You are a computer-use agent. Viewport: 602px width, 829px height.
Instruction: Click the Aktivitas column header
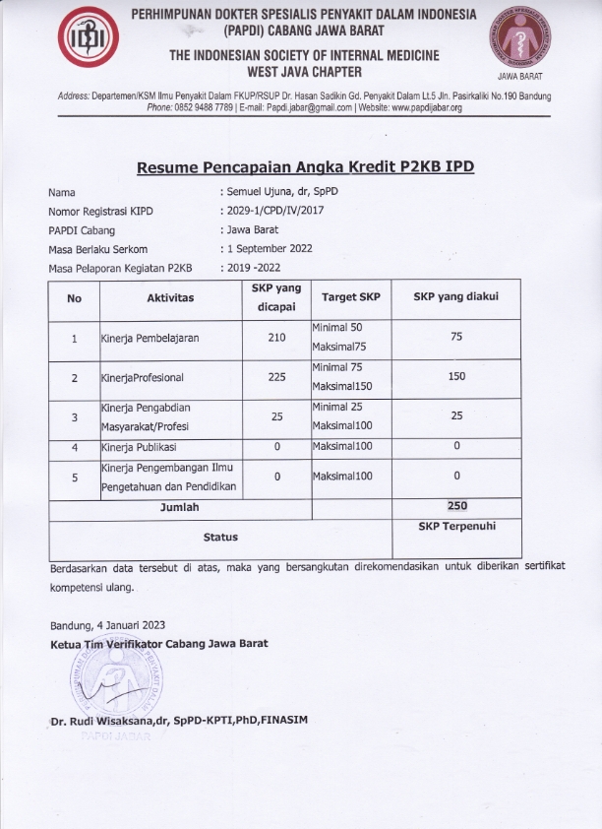click(x=170, y=297)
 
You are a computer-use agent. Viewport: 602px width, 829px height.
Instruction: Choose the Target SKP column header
click(x=350, y=297)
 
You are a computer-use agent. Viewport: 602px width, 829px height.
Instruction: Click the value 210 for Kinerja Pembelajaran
click(x=276, y=338)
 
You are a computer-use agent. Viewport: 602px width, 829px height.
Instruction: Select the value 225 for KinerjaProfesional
click(x=276, y=377)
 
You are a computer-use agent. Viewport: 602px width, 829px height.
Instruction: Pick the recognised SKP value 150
click(x=456, y=377)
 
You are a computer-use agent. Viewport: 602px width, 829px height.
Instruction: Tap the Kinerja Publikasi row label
click(x=142, y=447)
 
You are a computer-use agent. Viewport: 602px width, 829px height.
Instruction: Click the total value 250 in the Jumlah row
click(x=456, y=506)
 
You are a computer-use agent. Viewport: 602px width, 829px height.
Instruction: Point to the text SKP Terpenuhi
click(x=456, y=527)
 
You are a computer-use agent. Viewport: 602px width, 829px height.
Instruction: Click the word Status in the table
click(x=220, y=538)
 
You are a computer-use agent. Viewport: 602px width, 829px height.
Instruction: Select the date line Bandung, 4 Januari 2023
click(x=108, y=625)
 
